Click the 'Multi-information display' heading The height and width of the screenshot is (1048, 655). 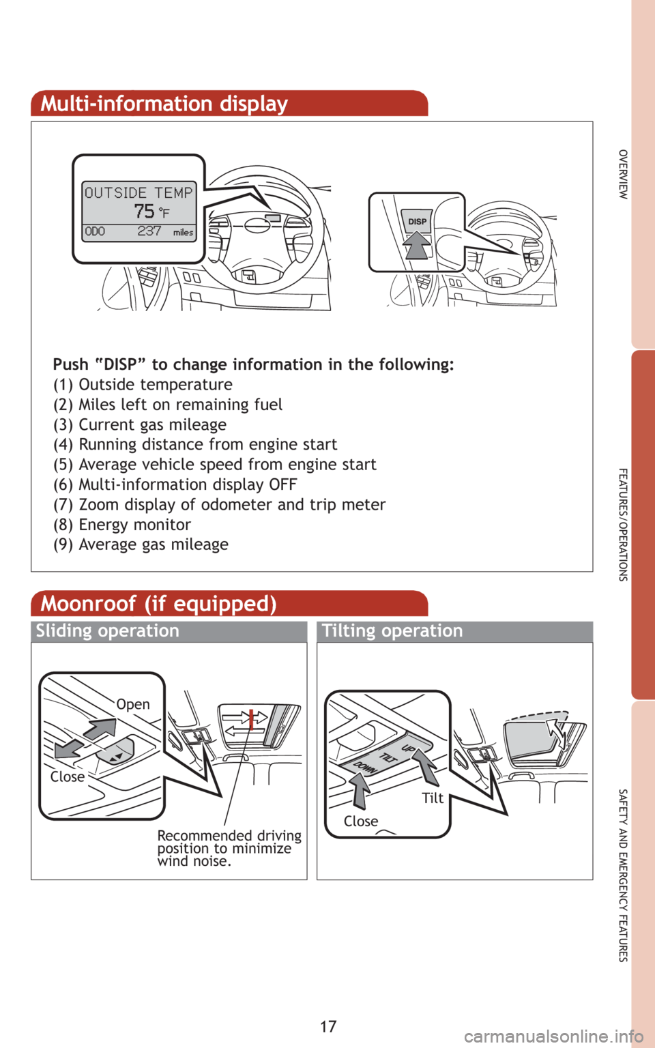point(164,104)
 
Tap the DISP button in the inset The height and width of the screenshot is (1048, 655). point(417,221)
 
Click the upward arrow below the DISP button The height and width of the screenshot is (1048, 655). point(416,245)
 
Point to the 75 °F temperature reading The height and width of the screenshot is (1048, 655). point(151,212)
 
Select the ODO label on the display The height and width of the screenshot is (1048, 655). point(95,231)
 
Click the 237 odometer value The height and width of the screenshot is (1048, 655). point(149,231)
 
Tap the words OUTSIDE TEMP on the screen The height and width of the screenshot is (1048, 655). point(139,192)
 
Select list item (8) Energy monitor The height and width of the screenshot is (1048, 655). point(122,525)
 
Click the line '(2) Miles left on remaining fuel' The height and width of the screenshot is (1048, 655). point(168,405)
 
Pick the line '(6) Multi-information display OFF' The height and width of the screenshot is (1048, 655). point(175,484)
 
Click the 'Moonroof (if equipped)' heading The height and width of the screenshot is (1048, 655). point(158,604)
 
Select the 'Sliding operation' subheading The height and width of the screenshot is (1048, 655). point(108,631)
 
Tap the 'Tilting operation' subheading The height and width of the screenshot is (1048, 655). point(392,631)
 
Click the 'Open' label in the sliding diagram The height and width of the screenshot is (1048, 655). point(133,704)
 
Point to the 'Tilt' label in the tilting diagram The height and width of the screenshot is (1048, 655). point(433,798)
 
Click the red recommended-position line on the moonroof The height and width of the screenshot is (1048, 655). point(251,720)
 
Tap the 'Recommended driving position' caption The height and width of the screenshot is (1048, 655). point(229,848)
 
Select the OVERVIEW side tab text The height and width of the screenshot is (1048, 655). point(623,175)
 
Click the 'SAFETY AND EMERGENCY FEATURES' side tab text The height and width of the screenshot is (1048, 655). point(623,875)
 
